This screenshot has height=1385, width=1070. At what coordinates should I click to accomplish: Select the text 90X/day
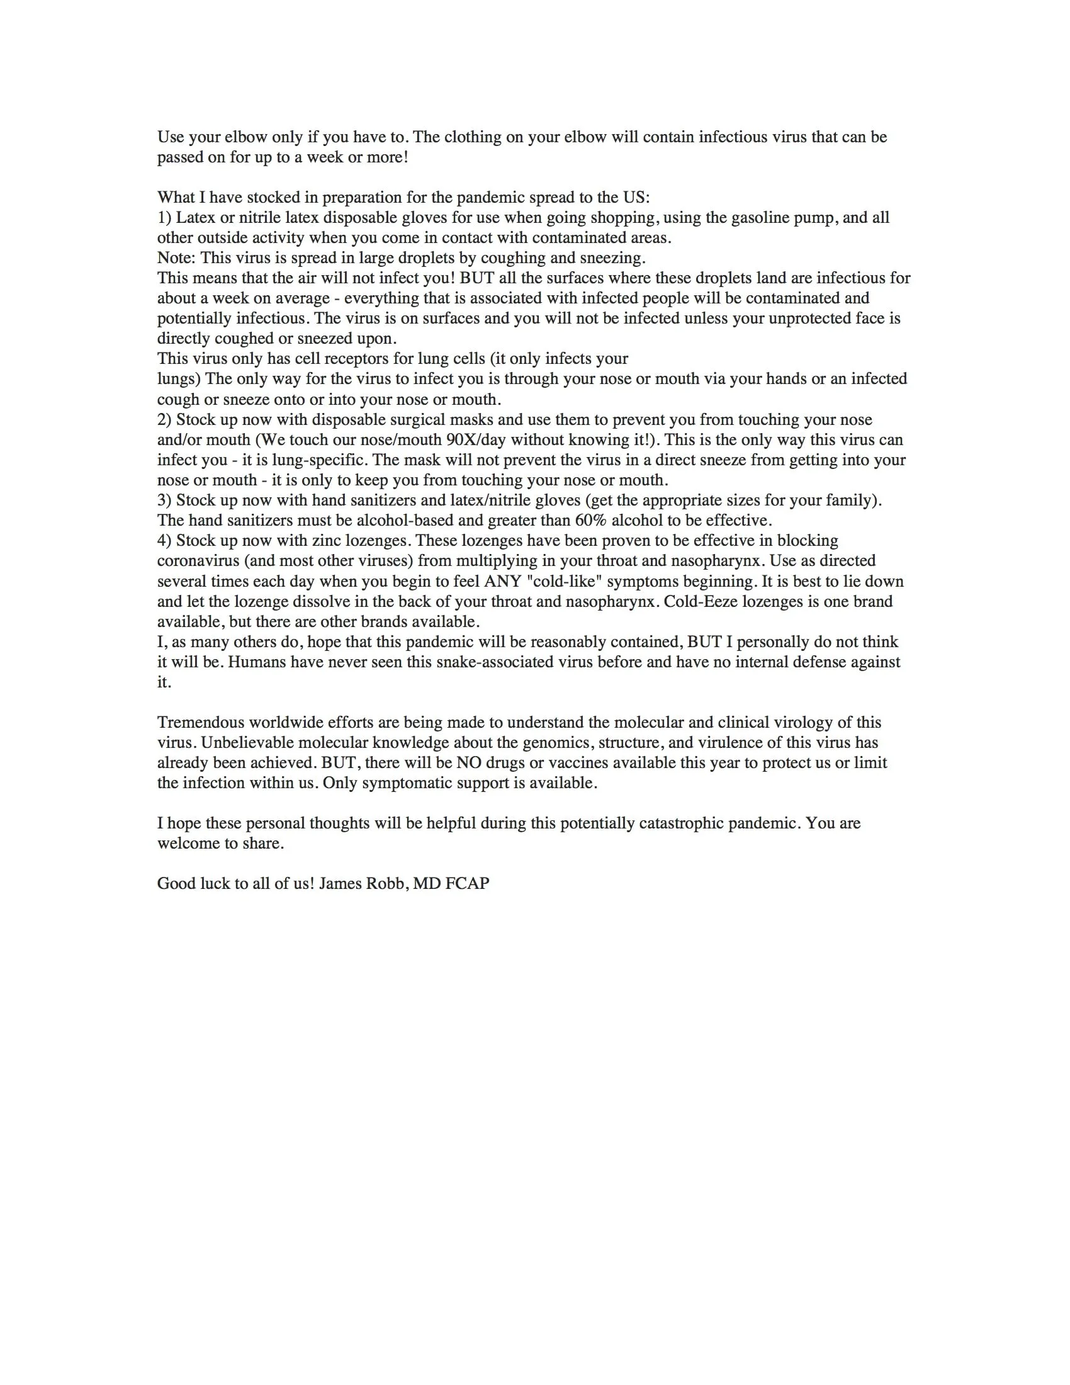[476, 439]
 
